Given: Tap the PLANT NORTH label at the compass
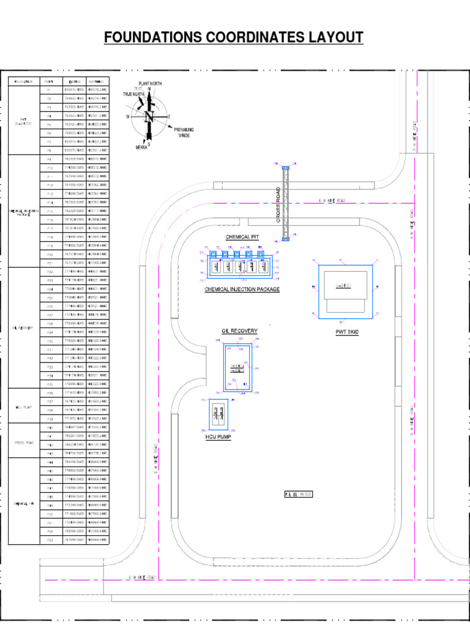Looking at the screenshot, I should point(151,83).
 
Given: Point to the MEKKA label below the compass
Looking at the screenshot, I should point(141,148).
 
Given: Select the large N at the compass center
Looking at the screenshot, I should point(148,116).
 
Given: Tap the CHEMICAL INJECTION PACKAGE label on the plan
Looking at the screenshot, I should point(242,289).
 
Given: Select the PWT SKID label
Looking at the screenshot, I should point(347,332).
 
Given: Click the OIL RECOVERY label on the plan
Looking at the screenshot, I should point(239,331).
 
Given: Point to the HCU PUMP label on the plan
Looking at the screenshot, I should point(218,438).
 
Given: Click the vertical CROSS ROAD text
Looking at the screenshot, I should point(278,205).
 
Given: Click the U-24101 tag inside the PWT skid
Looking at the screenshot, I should point(343,286).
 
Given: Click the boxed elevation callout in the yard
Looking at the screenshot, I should point(299,494).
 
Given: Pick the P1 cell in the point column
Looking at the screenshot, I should point(49,90).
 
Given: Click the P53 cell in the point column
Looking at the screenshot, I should point(49,540).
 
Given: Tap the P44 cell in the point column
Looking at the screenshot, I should point(49,462).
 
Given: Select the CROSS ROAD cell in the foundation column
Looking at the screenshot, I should point(24,440).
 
